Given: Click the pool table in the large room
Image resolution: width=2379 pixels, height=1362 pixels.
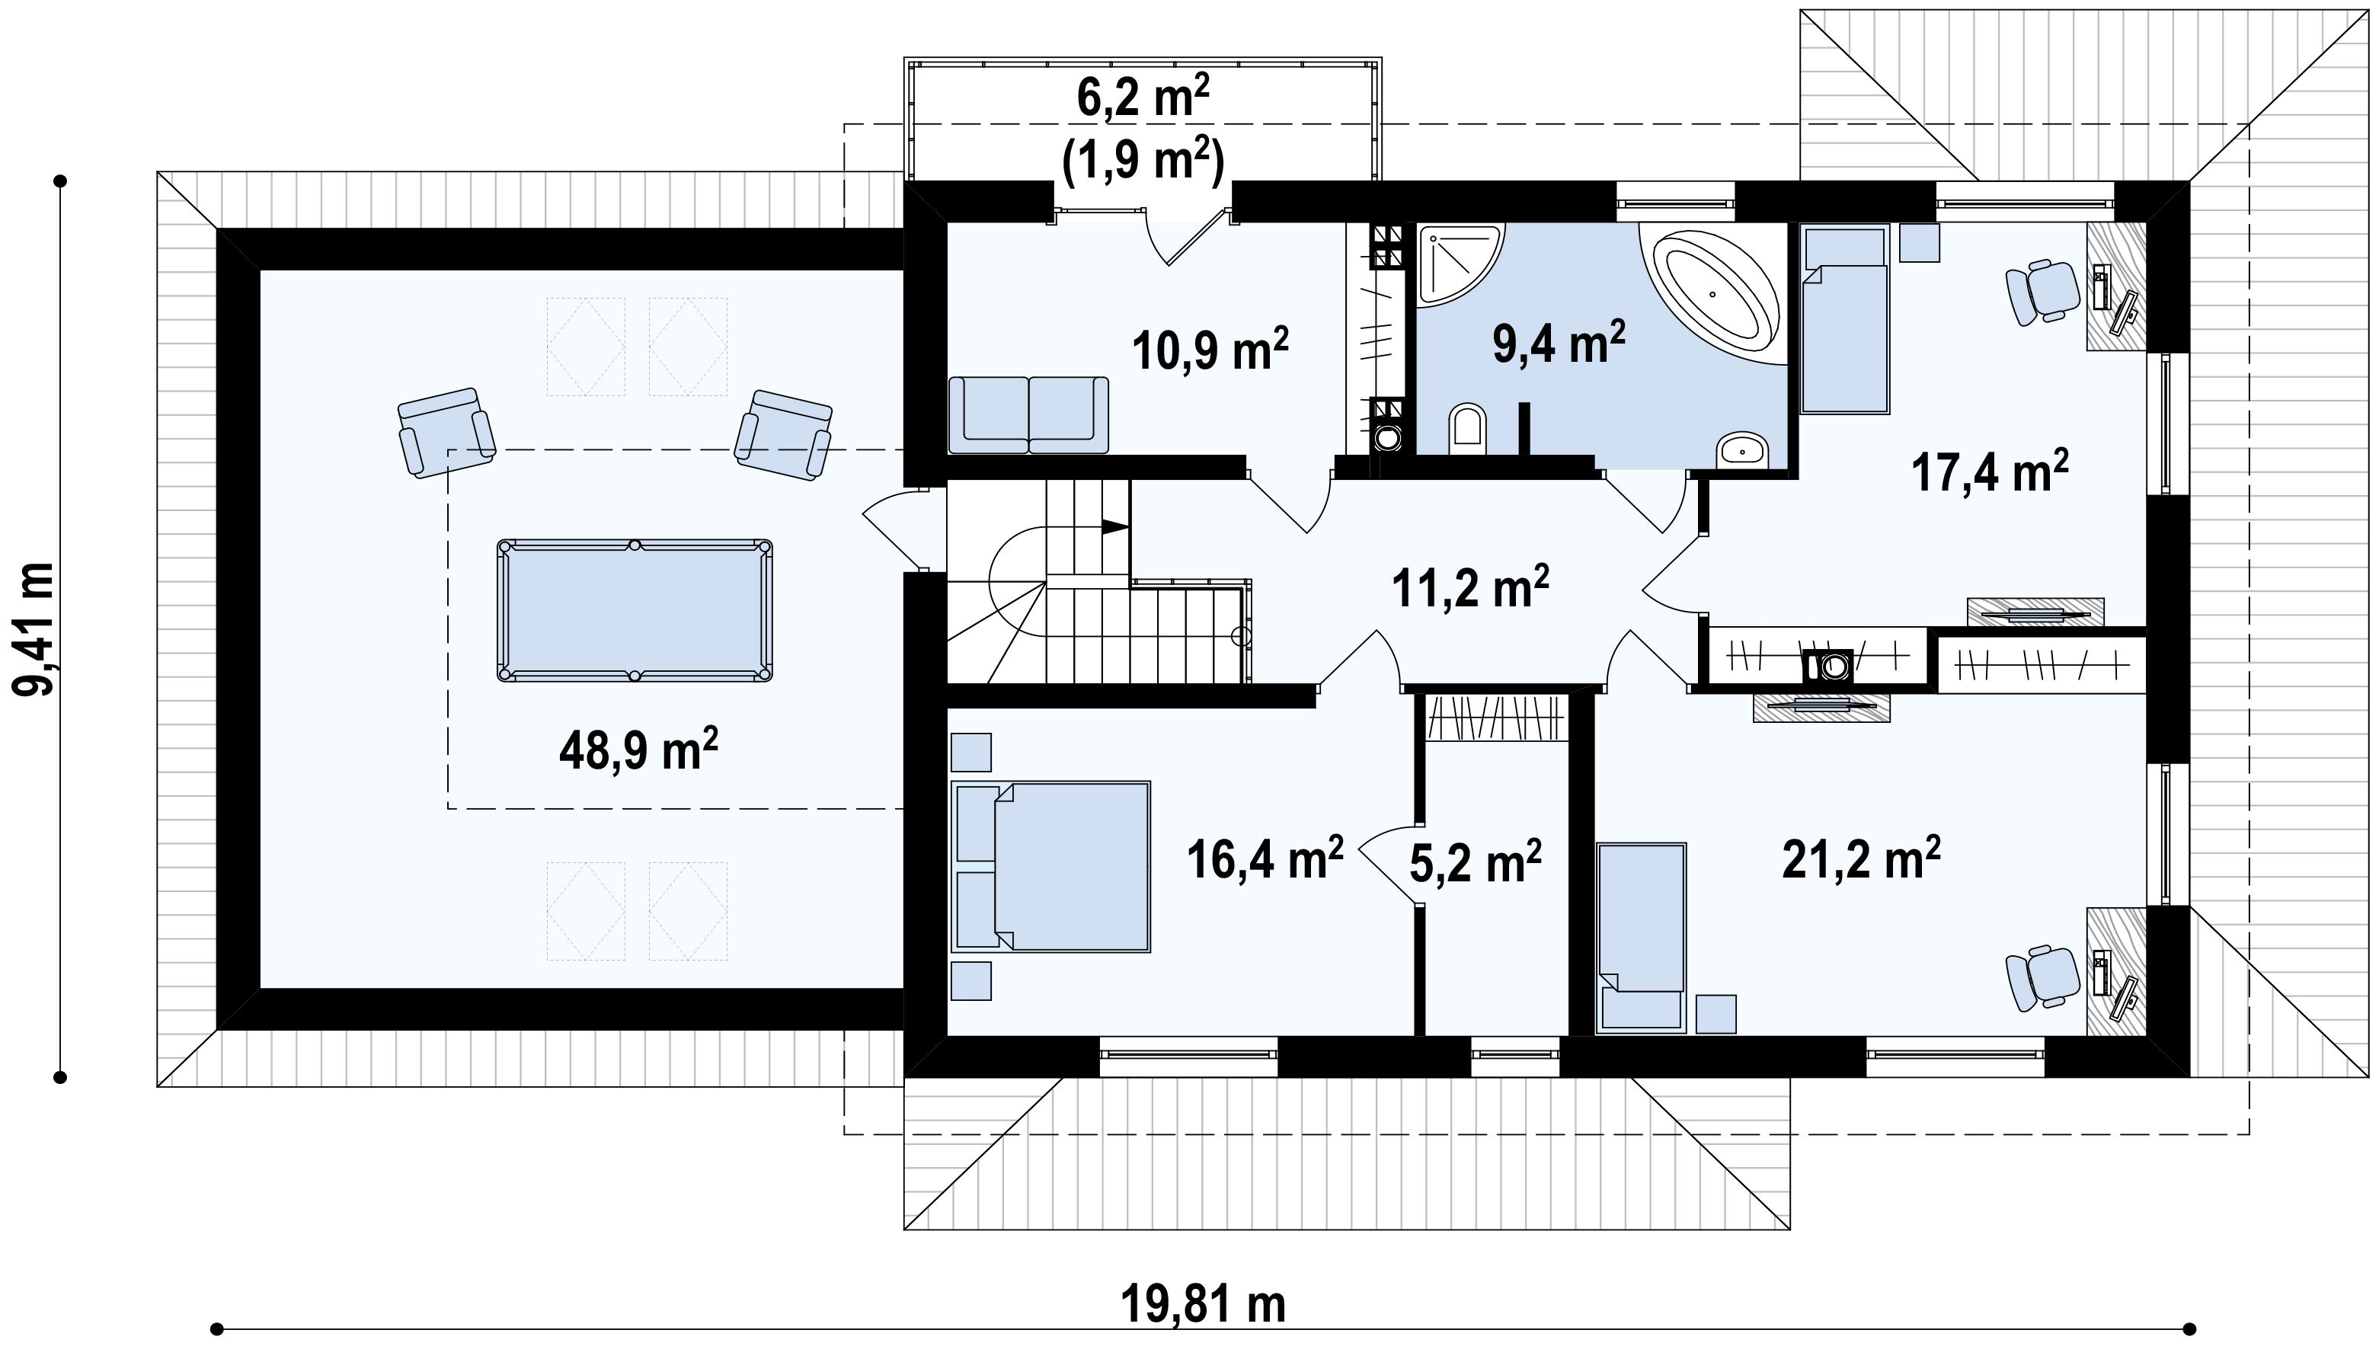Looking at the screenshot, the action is (x=635, y=610).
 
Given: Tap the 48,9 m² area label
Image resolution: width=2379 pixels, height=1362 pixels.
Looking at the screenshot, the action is (x=638, y=750).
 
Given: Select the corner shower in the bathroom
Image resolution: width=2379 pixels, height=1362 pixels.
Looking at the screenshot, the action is (x=1460, y=265).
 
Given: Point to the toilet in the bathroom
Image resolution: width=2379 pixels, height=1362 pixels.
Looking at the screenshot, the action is (x=1467, y=430).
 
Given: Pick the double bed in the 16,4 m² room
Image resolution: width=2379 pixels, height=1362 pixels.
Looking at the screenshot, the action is (x=1050, y=866).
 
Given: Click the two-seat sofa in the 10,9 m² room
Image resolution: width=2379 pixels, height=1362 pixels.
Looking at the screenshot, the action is (x=1028, y=414).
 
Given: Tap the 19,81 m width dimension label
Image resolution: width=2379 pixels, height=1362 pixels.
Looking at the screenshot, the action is (x=1203, y=1304).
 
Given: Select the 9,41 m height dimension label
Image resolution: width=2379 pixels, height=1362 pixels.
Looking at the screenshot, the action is (x=33, y=628).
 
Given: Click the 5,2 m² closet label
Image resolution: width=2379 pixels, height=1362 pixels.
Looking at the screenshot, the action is (x=1476, y=861).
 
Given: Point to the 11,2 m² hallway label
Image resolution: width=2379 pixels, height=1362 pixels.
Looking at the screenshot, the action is (x=1471, y=587).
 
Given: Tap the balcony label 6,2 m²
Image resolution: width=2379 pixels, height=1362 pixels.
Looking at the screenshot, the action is (x=1142, y=96).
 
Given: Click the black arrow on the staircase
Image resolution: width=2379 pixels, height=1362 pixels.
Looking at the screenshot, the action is (x=1115, y=526).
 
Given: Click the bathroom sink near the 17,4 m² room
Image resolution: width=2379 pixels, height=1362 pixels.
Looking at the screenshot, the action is (x=1741, y=450).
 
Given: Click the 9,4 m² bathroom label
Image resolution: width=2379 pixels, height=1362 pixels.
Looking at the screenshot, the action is (x=1559, y=342).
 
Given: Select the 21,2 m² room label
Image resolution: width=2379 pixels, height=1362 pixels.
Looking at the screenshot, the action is (x=1861, y=857).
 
